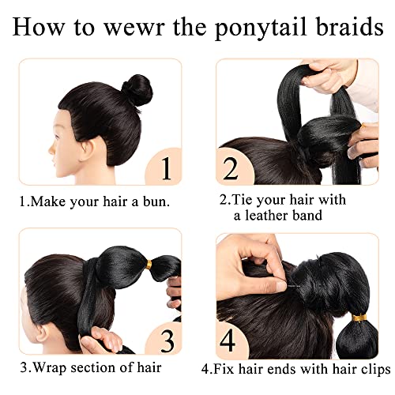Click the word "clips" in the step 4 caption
pos(370,368)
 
